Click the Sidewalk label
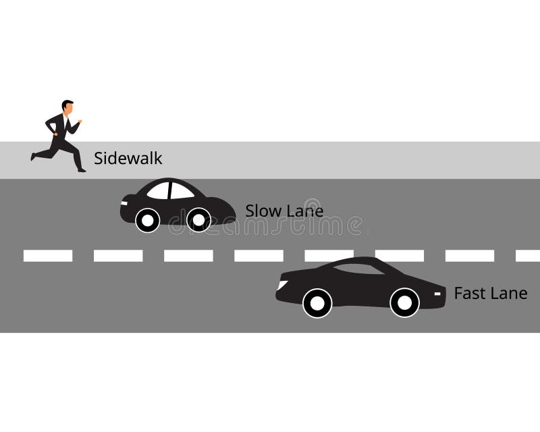point(128,159)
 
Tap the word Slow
point(263,211)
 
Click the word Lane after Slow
point(304,211)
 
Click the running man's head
point(67,107)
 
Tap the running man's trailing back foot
point(32,157)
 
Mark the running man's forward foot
point(82,170)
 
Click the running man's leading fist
point(80,122)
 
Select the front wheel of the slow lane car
point(147,219)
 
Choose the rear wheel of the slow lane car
point(198,219)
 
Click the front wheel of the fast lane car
point(317,302)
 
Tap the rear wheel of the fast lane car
point(404,302)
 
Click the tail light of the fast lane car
point(438,294)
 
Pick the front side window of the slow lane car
point(159,191)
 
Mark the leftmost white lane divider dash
point(48,256)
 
